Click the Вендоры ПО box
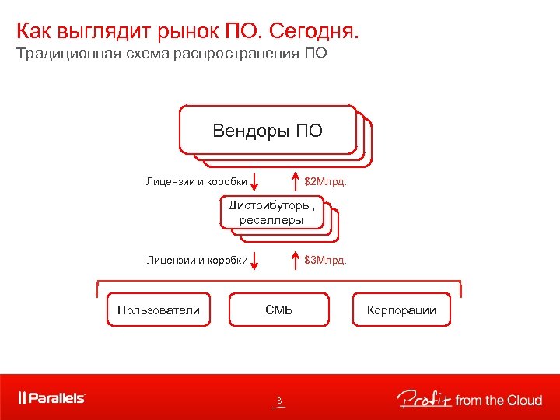[x=267, y=130]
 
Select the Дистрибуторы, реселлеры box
[x=271, y=212]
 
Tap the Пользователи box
[x=158, y=310]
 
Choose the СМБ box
[x=279, y=310]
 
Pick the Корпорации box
[x=401, y=310]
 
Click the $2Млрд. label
[x=325, y=182]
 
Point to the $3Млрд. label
[x=325, y=260]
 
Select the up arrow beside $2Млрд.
[x=295, y=181]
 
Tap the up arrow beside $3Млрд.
[x=295, y=259]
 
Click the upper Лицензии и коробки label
[x=197, y=182]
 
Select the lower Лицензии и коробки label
[x=197, y=260]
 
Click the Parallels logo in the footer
[x=52, y=398]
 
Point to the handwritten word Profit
[x=423, y=399]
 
